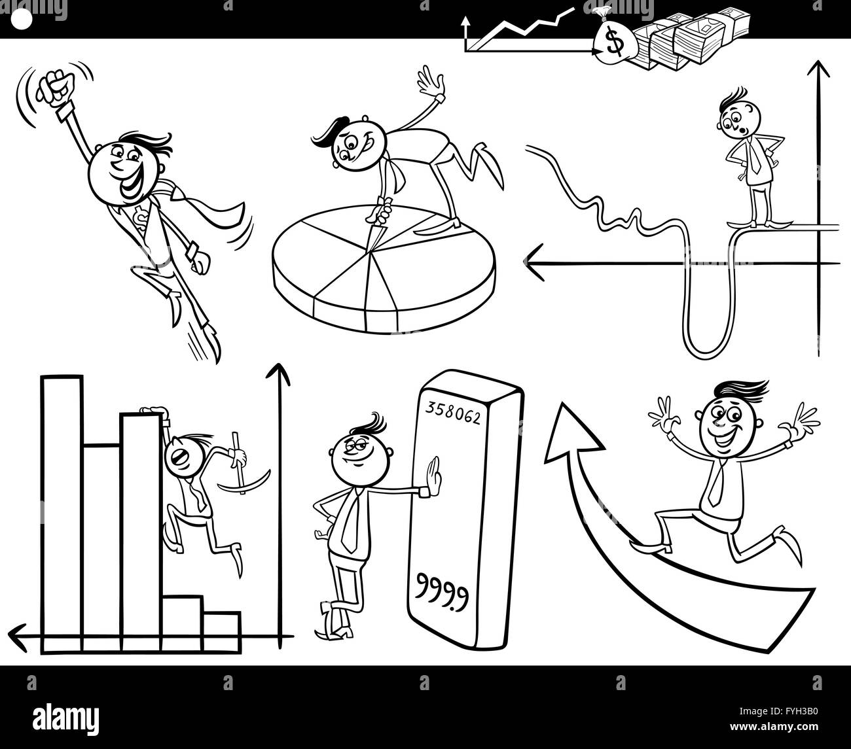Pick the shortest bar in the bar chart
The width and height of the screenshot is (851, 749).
pyautogui.click(x=221, y=633)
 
